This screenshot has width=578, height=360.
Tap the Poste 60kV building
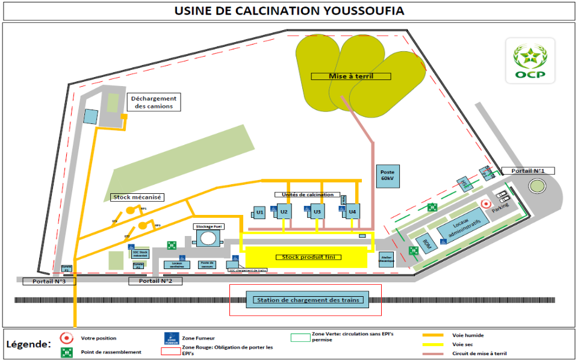pos(387,175)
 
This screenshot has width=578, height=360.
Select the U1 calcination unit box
pos(259,212)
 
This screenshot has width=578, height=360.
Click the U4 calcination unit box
pos(352,211)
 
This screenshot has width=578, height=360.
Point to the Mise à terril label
pos(351,76)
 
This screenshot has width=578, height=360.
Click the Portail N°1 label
pos(528,171)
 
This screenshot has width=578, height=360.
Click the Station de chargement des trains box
pos(307,300)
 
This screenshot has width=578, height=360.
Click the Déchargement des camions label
pos(154,102)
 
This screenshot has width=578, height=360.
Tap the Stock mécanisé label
pos(138,197)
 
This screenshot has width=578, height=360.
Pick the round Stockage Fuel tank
pos(208,238)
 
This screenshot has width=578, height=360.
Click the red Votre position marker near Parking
pos(486,205)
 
